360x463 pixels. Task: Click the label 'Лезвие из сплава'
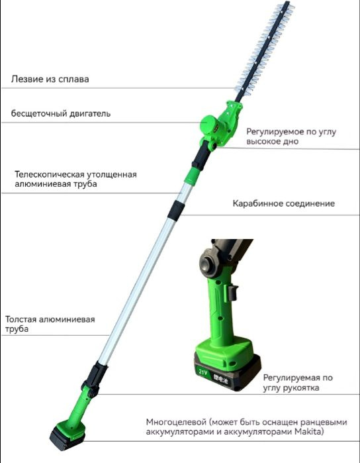50,79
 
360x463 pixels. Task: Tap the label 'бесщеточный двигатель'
61,113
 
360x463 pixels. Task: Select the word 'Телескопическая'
48,174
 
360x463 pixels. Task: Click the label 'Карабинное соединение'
284,203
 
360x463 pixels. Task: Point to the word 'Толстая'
21,319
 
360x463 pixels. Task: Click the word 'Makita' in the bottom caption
307,432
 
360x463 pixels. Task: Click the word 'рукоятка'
301,387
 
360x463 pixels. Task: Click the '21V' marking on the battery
203,372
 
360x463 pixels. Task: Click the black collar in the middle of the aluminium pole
176,209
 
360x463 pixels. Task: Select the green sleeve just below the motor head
192,176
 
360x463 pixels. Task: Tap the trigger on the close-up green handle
232,292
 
